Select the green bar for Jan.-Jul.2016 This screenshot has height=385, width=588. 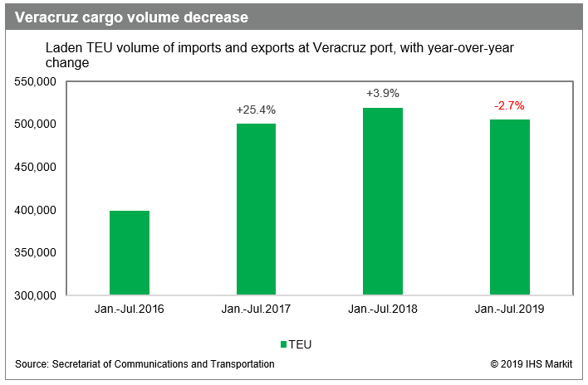(129, 253)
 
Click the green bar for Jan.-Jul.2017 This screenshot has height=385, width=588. (256, 209)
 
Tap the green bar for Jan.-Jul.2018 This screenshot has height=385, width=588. (383, 202)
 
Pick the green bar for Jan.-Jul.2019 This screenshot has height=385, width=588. (509, 207)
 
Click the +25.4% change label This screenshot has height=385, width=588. (256, 110)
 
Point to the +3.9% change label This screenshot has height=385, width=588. (383, 94)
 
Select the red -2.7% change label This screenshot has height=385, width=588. (509, 105)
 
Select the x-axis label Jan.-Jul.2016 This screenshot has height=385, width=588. (129, 309)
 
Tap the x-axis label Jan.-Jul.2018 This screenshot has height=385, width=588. (383, 309)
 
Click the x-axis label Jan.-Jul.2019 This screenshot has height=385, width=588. (509, 309)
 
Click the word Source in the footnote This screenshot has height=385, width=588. (31, 364)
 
